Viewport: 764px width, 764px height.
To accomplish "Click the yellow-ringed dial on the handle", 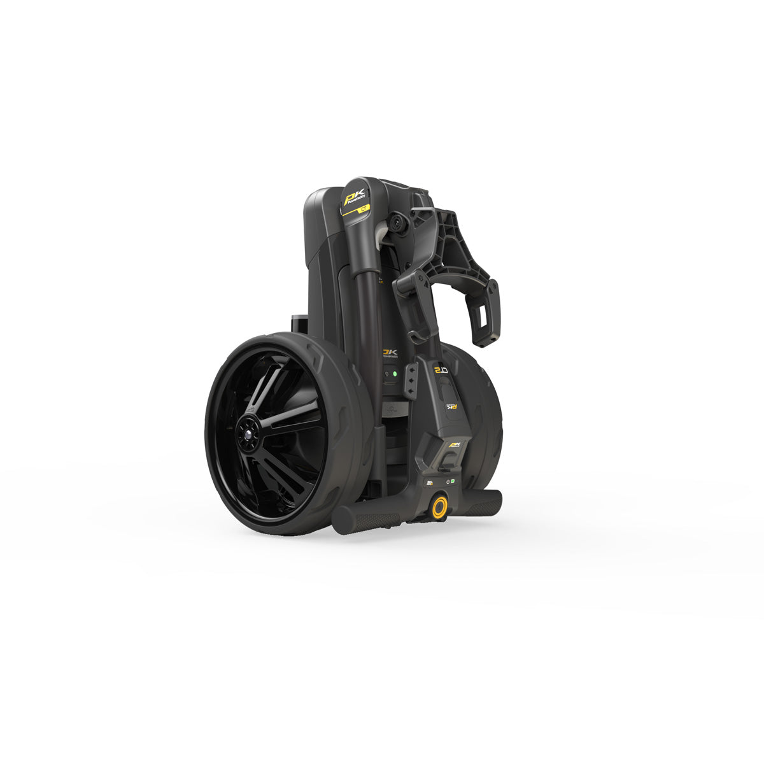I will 439,507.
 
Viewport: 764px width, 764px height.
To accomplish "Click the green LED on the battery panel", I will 395,374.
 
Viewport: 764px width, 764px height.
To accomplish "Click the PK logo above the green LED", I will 390,352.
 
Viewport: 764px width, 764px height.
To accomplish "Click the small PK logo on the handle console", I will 455,444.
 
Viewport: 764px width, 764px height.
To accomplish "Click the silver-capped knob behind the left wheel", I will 298,322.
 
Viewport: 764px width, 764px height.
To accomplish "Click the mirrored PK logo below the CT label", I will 451,406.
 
